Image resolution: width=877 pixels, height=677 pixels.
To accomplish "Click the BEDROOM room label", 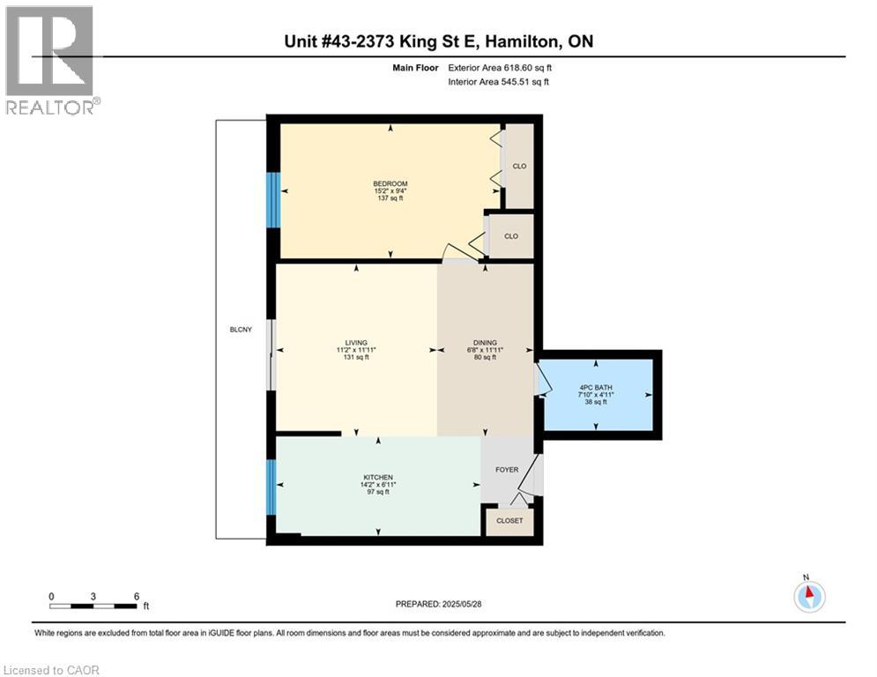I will coord(390,183).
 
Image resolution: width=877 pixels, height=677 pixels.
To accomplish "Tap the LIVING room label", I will coord(356,343).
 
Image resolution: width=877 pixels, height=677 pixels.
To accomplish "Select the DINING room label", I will coord(485,343).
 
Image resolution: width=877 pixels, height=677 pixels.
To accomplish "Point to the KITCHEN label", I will coord(376,477).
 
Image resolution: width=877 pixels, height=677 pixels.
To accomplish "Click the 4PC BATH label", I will coord(596,387).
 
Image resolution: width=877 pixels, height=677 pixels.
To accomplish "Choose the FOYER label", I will coord(507,470).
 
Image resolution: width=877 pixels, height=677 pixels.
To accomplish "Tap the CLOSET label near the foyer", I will coord(509,521).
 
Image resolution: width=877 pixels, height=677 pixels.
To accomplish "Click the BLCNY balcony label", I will coord(240,330).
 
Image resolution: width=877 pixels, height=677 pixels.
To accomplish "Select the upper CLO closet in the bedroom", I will coord(519,166).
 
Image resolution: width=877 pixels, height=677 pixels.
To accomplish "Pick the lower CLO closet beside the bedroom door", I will coord(511,236).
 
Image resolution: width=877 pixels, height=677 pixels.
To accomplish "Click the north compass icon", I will coord(808,596).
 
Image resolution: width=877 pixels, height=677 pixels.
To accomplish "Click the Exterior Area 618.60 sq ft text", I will coord(500,67).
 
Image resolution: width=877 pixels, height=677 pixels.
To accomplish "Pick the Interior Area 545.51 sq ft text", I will coord(498,82).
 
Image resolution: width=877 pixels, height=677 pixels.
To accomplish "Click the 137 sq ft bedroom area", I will coord(390,199).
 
